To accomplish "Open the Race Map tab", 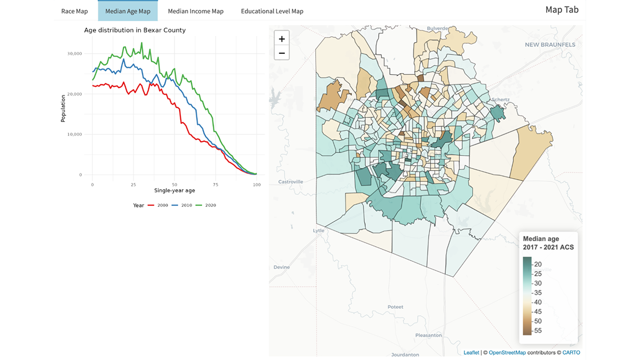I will [75, 11].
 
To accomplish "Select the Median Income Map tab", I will [196, 11].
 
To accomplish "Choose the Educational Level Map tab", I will [272, 11].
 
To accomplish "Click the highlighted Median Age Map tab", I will [128, 11].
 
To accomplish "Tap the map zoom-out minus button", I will [282, 53].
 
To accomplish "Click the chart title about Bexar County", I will [135, 30].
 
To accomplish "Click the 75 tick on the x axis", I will [215, 185].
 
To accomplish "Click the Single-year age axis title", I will [174, 190].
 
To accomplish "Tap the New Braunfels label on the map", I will [550, 45].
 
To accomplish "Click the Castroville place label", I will [291, 182].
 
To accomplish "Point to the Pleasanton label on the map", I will [428, 335].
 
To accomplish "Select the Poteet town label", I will [396, 307].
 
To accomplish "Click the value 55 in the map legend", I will [538, 331].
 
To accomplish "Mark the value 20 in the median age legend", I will [538, 264].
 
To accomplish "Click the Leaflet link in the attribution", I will [471, 353].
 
